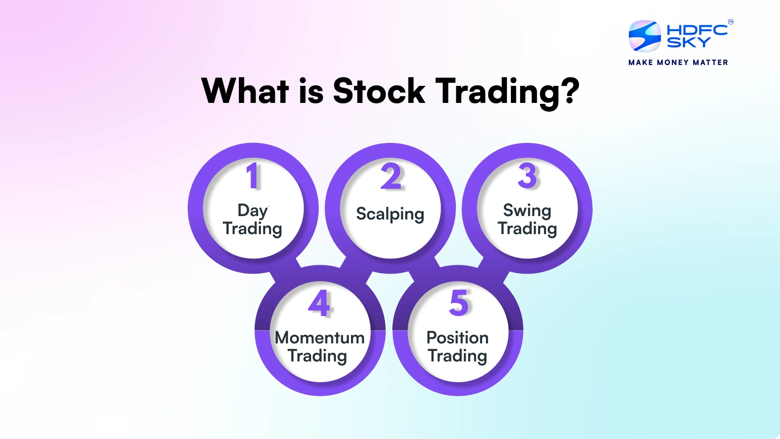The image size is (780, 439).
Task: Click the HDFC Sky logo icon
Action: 644,36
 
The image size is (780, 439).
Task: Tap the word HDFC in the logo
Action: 697,30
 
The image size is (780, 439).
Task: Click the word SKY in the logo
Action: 688,42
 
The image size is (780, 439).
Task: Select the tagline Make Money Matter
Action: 678,62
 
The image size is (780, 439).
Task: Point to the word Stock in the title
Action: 379,91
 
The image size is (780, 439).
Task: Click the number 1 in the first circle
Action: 253,176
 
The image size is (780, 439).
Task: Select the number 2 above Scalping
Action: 390,176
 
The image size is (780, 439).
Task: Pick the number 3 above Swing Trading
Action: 527,176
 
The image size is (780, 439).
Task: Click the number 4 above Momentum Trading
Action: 319,303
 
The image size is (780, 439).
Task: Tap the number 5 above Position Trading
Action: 459,303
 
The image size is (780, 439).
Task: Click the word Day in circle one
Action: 253,211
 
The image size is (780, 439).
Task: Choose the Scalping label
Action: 390,214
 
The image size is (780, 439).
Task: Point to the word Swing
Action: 527,211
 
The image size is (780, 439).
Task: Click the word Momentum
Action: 320,338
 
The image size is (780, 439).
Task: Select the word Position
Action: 458,337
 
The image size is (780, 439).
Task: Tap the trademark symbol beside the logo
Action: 731,21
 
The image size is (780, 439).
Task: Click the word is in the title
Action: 311,91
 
